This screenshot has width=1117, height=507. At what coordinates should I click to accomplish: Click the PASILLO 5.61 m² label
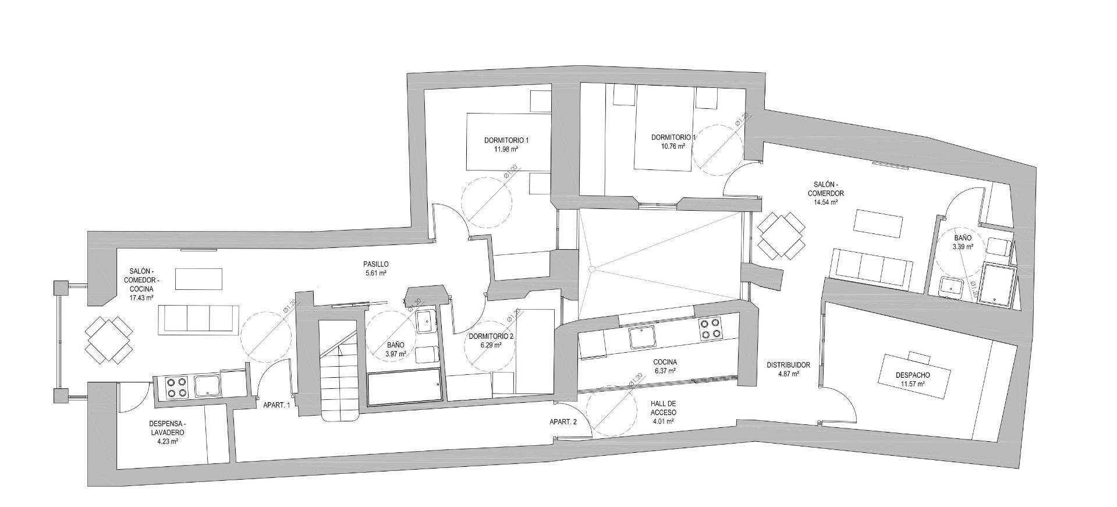375,268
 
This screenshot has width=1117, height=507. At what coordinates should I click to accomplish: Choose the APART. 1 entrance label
276,405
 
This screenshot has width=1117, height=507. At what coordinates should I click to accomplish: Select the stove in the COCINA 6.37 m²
710,329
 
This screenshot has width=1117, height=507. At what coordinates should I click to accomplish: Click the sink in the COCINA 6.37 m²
641,336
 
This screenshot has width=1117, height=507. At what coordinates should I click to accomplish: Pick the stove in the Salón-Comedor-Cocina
177,388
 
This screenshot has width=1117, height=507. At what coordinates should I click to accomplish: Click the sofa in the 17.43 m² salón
198,320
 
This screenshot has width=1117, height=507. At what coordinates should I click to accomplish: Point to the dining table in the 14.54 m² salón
781,235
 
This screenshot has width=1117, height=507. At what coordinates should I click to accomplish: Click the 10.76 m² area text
672,147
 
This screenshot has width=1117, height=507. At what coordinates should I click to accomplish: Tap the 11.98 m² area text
506,150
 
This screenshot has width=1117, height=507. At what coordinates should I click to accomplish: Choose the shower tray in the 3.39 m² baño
998,285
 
